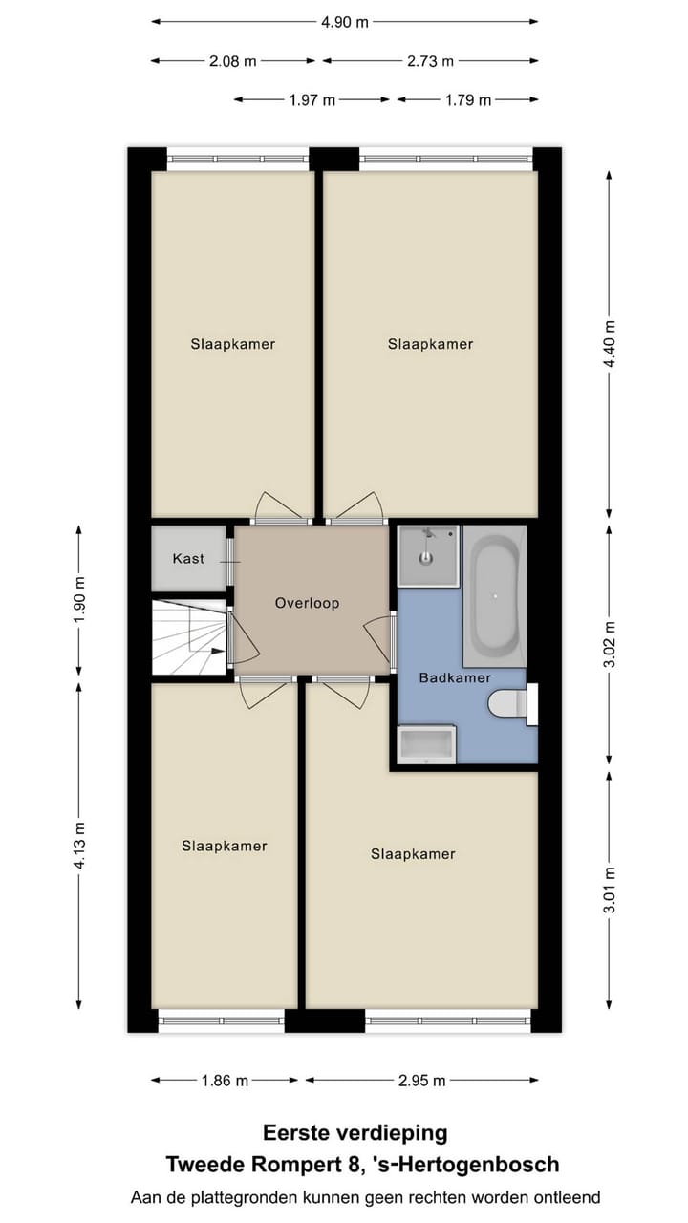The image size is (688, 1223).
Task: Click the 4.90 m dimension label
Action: coord(344,22)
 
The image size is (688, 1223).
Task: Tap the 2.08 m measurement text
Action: coord(233,61)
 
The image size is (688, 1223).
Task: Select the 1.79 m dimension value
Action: coord(468,99)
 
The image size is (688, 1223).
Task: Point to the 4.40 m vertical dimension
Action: coord(611,344)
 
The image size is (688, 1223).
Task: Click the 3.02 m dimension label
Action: coord(611,645)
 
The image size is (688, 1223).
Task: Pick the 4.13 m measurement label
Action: coord(79,846)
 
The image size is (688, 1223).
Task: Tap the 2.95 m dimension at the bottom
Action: coord(421,1081)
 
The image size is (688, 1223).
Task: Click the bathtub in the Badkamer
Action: coord(495,596)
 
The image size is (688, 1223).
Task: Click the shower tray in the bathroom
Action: coord(428,555)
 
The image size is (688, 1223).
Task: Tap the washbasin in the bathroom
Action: coord(426,745)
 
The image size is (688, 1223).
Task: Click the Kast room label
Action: coord(188,558)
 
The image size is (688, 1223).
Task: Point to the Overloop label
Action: coord(307,603)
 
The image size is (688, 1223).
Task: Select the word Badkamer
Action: coord(455,677)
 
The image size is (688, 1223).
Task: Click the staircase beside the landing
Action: coord(190,637)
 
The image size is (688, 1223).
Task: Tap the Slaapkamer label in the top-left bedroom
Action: coord(232,344)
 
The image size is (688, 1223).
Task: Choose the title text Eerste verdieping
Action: coord(355,1133)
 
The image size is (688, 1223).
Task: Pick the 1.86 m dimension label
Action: coord(225,1081)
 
